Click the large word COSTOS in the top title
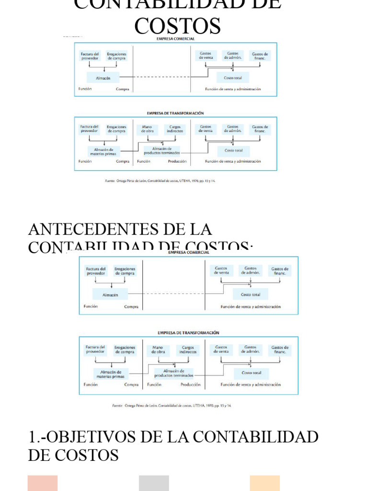177,25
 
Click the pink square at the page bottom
43,483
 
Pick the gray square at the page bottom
154,483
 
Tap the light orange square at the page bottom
264,483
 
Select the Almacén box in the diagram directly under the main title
103,77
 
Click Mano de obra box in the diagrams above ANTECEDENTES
148,129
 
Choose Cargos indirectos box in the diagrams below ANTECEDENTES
188,350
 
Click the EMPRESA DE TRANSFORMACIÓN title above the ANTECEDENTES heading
175,113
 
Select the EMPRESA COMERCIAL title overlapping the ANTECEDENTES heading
188,252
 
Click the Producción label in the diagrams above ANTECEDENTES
177,162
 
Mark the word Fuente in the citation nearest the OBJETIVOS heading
117,406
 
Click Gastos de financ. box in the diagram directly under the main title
260,56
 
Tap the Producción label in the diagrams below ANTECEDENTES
191,385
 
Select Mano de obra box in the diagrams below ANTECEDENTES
158,350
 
